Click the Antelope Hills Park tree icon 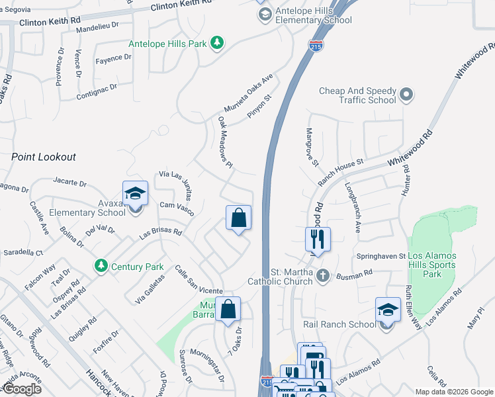click(x=216, y=44)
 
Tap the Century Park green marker click(x=101, y=266)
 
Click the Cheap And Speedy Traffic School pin click(x=407, y=95)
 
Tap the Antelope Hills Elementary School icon click(x=265, y=15)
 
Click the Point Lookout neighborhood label click(x=44, y=157)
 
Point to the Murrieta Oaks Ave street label click(x=248, y=93)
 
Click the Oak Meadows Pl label click(x=226, y=143)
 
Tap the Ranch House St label click(x=341, y=171)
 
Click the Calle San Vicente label click(x=198, y=281)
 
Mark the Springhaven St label click(x=382, y=255)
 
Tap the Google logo click(x=22, y=388)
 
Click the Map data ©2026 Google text click(x=453, y=392)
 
